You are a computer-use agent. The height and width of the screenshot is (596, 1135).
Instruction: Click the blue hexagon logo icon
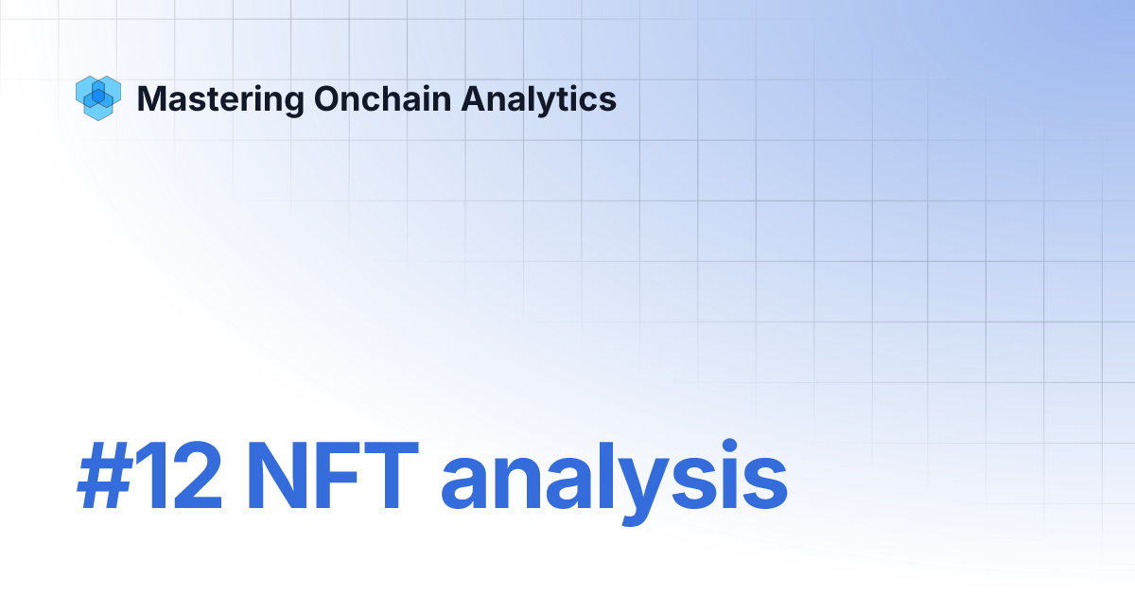(x=97, y=98)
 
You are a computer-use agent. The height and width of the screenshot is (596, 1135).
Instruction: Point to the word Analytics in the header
(x=539, y=99)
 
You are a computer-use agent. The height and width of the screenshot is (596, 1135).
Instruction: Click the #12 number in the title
(x=149, y=480)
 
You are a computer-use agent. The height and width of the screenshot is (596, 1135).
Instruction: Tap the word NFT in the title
(x=332, y=480)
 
